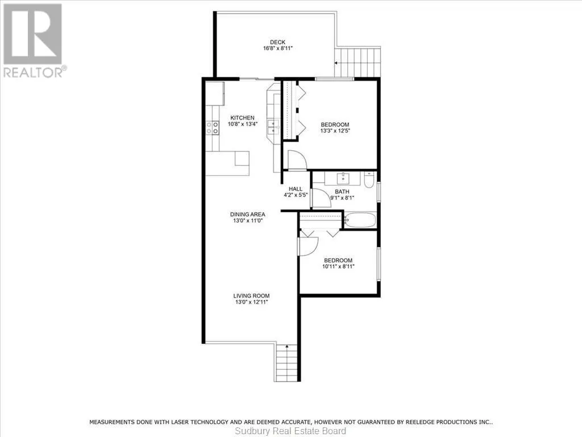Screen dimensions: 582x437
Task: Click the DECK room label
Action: (x=277, y=42)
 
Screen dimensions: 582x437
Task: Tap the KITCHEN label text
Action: (x=242, y=118)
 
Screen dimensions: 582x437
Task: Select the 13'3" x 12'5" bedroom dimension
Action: (x=335, y=131)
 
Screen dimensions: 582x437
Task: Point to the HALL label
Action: (x=296, y=189)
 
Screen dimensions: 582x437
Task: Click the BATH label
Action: (x=342, y=192)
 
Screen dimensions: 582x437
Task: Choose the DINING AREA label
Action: (x=248, y=215)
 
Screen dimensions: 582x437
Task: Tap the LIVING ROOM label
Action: (x=251, y=296)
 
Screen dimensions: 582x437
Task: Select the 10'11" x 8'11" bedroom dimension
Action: (x=339, y=266)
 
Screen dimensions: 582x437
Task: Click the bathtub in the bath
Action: (x=360, y=220)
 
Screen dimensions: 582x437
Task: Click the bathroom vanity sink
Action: (x=343, y=179)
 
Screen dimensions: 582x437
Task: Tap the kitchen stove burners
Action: (x=213, y=128)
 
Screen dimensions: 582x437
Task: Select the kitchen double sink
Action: (x=273, y=127)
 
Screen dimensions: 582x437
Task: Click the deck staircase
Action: (x=357, y=62)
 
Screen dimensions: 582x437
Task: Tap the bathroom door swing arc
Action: (x=322, y=198)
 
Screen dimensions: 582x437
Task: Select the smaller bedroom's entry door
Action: (x=309, y=246)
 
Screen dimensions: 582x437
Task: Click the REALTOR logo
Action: (x=35, y=40)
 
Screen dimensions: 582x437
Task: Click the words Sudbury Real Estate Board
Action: (x=290, y=431)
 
